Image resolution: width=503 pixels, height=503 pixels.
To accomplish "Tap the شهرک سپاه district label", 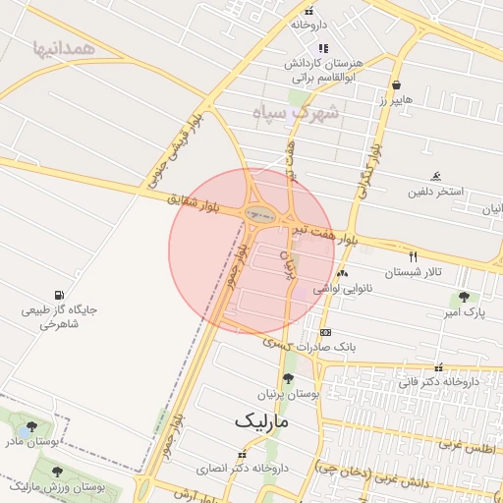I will [295, 112].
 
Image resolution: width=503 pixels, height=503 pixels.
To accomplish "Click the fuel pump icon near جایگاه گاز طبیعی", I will [61, 295].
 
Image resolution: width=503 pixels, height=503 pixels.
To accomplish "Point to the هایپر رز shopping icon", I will [395, 85].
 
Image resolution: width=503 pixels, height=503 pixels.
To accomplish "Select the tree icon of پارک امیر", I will [464, 298].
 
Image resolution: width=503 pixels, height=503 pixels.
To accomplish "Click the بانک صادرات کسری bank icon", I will [325, 332].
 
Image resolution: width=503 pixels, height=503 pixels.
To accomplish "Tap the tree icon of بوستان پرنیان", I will [288, 378].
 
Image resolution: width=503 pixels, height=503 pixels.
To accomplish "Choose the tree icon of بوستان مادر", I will [32, 427].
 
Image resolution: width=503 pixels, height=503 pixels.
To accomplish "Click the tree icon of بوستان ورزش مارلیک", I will [56, 472].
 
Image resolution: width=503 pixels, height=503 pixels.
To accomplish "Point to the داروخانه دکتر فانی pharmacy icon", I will [438, 366].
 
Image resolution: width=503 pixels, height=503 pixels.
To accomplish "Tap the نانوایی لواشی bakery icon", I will [342, 274].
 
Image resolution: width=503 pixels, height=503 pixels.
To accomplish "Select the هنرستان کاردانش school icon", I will [323, 48].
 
